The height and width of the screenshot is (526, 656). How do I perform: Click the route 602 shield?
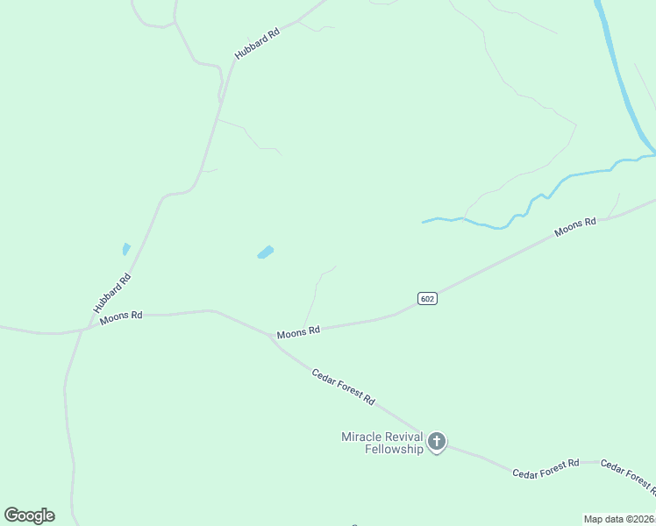(x=427, y=298)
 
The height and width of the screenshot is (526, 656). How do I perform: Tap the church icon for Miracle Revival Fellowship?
(x=437, y=442)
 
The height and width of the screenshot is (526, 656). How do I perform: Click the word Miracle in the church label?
(x=360, y=437)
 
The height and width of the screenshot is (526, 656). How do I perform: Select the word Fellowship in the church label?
(x=394, y=449)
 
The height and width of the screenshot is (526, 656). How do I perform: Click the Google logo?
(x=29, y=515)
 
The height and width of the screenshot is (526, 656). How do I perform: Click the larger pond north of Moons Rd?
(x=265, y=252)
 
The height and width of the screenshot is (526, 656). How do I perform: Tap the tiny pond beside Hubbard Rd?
(x=126, y=249)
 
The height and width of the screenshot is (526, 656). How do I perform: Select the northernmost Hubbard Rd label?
(x=257, y=44)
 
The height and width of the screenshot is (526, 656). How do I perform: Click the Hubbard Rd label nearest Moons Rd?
(x=112, y=294)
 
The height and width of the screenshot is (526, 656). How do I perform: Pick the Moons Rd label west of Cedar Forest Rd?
(x=121, y=317)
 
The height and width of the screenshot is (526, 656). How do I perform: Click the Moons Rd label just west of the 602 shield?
(x=298, y=332)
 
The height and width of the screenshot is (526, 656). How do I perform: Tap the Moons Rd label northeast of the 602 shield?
(x=575, y=228)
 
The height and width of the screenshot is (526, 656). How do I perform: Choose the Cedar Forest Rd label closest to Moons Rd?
(x=343, y=386)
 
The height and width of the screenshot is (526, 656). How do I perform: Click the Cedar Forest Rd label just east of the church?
(x=545, y=468)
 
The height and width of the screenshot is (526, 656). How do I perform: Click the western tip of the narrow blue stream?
(x=424, y=221)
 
